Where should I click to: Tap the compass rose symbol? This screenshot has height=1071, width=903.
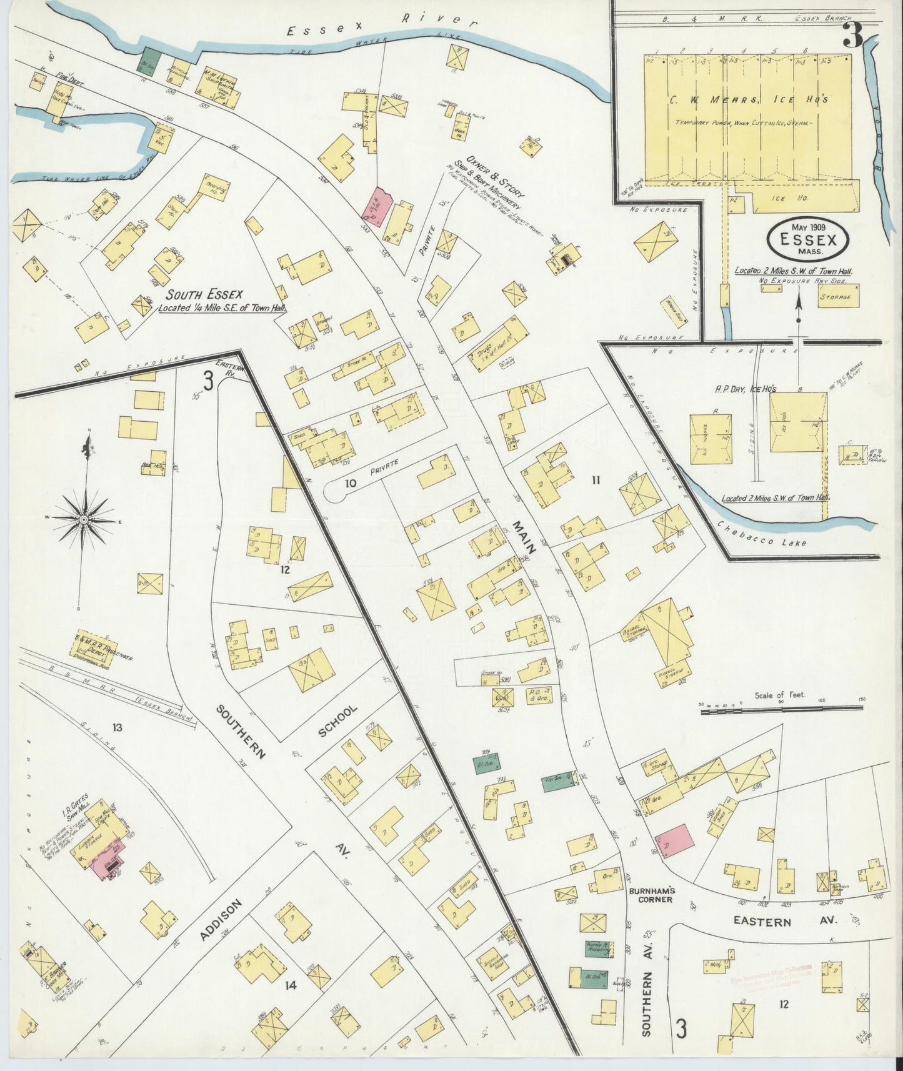pyautogui.click(x=83, y=520)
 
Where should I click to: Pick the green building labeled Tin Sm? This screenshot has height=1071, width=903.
pyautogui.click(x=559, y=784)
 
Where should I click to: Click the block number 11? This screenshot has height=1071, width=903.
pyautogui.click(x=596, y=480)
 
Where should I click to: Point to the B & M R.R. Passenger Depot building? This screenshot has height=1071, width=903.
pyautogui.click(x=96, y=644)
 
